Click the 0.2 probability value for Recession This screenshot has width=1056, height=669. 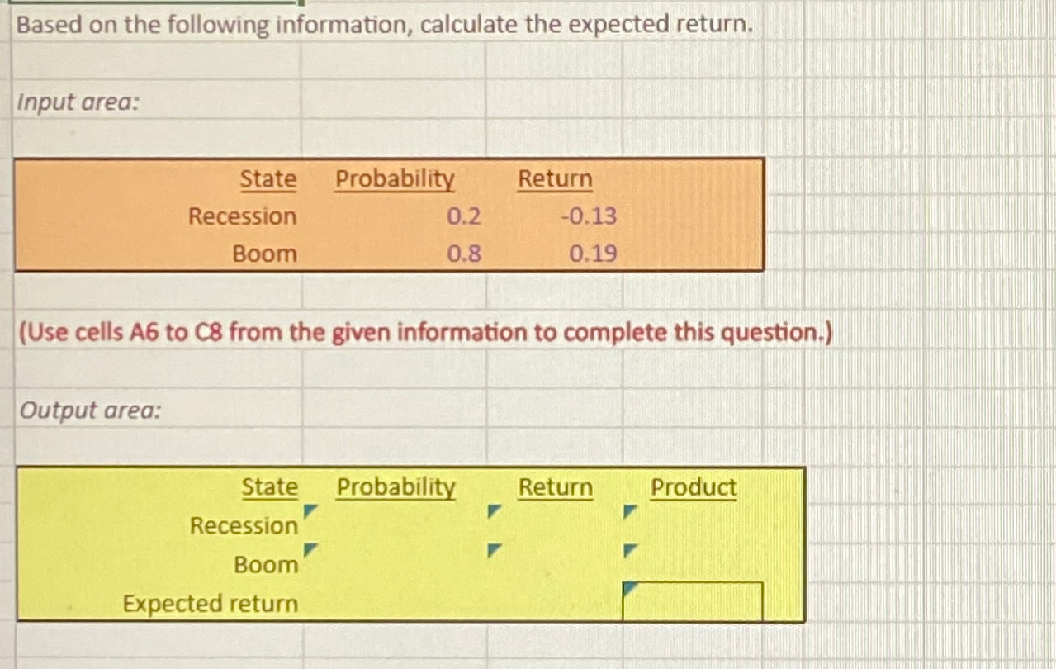pyautogui.click(x=463, y=216)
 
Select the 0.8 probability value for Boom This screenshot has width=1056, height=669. pyautogui.click(x=463, y=254)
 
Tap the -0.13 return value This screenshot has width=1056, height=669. pyautogui.click(x=588, y=216)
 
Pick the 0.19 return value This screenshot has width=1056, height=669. pyautogui.click(x=593, y=254)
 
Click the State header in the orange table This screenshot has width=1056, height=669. pyautogui.click(x=268, y=179)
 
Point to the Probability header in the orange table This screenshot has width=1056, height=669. pyautogui.click(x=395, y=179)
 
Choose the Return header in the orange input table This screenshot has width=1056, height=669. pyautogui.click(x=555, y=179)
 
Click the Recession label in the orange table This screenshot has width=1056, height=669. pyautogui.click(x=242, y=216)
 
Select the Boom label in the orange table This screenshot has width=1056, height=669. pyautogui.click(x=264, y=254)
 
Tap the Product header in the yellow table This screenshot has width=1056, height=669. pyautogui.click(x=693, y=488)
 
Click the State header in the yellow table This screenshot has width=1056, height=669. pyautogui.click(x=269, y=488)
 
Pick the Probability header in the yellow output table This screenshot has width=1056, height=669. pyautogui.click(x=395, y=488)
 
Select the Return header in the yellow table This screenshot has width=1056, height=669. pyautogui.click(x=555, y=488)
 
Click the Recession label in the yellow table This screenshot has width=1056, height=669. pyautogui.click(x=244, y=525)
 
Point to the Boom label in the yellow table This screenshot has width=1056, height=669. pyautogui.click(x=266, y=565)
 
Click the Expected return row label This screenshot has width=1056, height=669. pyautogui.click(x=211, y=604)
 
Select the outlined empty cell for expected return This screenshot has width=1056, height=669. pyautogui.click(x=692, y=601)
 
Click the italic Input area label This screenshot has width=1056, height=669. pyautogui.click(x=78, y=103)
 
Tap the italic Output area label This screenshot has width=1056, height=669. pyautogui.click(x=89, y=410)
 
